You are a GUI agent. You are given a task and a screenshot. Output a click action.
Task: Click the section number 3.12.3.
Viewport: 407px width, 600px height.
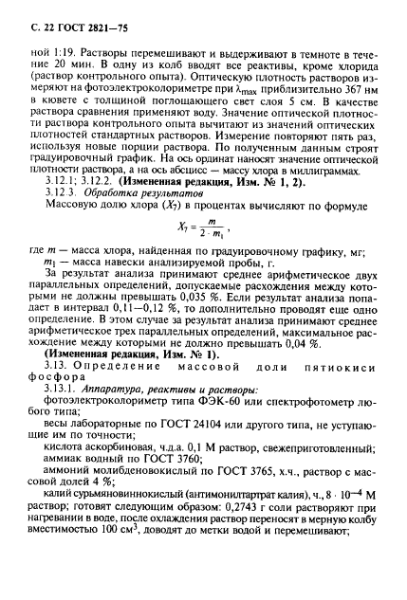82,218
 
